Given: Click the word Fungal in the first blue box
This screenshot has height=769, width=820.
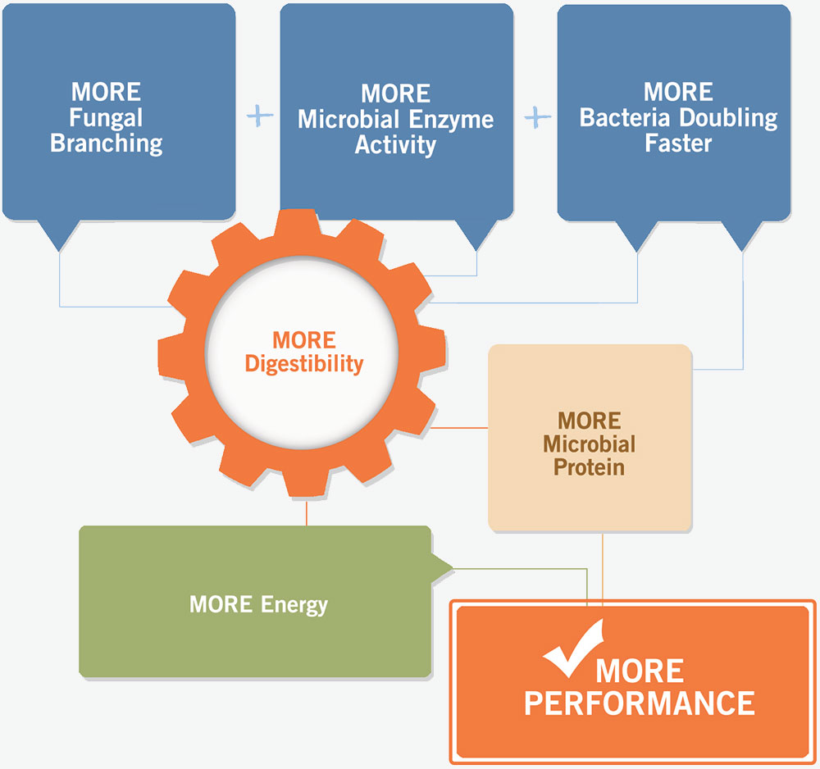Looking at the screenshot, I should tap(106, 117).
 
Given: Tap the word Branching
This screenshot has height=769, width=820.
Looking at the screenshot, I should tap(106, 143).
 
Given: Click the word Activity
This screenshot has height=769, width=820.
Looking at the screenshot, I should tap(395, 145).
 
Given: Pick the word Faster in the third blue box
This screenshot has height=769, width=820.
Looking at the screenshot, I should tap(678, 143).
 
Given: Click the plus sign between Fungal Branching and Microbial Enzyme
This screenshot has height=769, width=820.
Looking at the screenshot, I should tap(259, 116).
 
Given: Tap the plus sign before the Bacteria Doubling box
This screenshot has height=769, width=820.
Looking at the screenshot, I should tap(537, 117).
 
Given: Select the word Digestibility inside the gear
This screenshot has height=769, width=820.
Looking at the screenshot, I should tap(304, 363).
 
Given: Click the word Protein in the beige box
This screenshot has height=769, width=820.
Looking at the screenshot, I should tap(589, 468).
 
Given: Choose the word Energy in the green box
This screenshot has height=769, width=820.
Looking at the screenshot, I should tap(294, 605).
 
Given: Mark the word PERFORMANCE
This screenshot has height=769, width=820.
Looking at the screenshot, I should tap(640, 703).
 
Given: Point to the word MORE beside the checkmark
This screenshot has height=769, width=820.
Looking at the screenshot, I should tap(640, 670).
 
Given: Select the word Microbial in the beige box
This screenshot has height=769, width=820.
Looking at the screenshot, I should tap(589, 444).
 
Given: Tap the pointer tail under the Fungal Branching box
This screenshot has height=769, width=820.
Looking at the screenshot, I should tap(60, 239).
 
